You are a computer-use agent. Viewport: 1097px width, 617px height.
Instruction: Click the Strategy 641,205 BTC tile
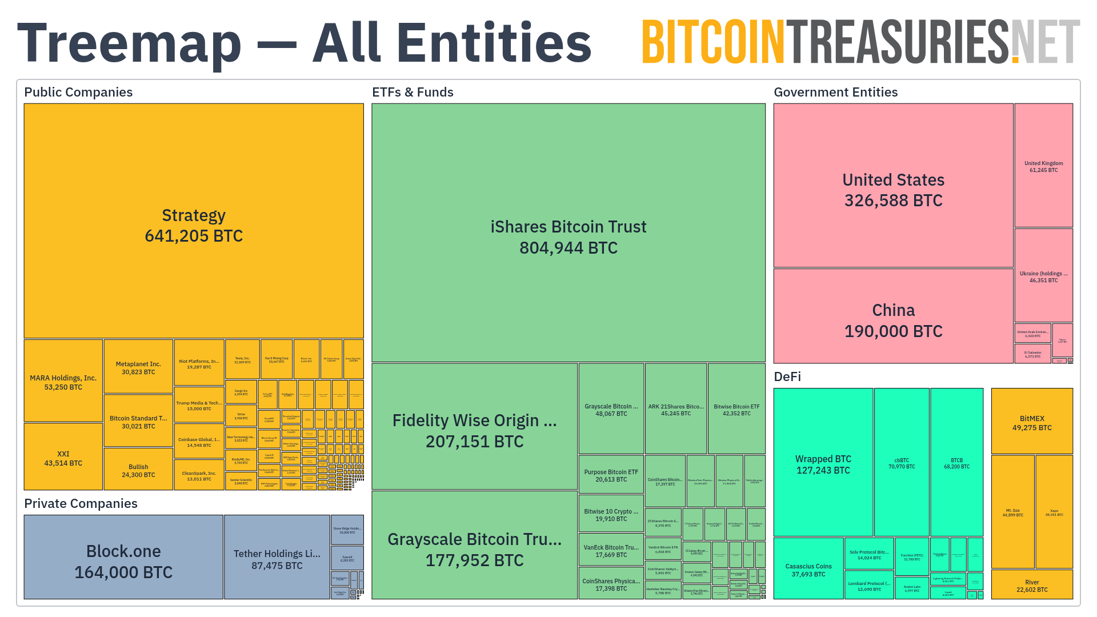click(194, 225)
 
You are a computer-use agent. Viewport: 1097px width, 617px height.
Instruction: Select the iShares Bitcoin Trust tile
click(568, 237)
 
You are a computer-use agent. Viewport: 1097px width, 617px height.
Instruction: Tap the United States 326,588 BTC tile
click(893, 190)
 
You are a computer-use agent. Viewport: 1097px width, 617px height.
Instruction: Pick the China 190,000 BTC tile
click(893, 320)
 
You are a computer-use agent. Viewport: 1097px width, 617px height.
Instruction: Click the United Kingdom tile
click(1043, 166)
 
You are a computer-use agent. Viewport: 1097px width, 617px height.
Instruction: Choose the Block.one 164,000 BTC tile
click(123, 561)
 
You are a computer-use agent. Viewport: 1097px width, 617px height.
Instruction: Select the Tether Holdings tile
click(277, 559)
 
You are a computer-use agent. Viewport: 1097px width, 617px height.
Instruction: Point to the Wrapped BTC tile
click(823, 464)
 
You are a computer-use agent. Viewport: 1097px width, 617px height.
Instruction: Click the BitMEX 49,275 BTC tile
click(1032, 423)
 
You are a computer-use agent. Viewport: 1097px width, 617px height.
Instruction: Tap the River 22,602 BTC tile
click(1032, 586)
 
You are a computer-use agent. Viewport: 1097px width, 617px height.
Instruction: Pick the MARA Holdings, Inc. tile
click(63, 382)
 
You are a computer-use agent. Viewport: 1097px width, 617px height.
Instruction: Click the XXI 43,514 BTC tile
click(63, 458)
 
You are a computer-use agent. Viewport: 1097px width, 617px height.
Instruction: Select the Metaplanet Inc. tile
click(138, 367)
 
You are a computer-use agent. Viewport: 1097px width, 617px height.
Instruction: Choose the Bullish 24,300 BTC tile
click(138, 470)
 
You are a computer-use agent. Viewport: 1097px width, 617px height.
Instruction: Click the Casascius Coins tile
click(808, 570)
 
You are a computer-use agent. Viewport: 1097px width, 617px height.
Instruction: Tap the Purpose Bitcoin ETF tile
click(611, 475)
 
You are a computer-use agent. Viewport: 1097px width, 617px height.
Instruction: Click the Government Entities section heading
click(835, 92)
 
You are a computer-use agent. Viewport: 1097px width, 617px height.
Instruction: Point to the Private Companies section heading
click(81, 503)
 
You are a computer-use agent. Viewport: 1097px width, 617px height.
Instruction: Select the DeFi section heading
click(787, 376)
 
